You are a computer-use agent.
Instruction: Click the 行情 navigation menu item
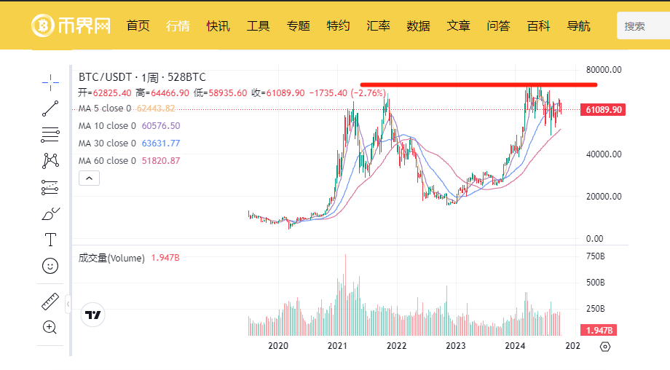178,26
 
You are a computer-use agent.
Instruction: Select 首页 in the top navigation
138,26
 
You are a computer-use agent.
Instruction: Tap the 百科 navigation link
538,26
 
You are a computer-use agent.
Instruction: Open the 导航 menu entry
578,26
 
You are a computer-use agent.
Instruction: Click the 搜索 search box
644,26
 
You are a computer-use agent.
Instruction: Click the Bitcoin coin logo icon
43,25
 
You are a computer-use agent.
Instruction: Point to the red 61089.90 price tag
603,110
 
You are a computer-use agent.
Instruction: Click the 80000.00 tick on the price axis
604,70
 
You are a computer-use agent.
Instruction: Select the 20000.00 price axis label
604,197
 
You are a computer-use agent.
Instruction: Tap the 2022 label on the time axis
396,346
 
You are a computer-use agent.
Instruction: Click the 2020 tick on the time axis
278,346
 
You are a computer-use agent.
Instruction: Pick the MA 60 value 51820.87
161,161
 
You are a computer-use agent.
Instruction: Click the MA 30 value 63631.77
161,143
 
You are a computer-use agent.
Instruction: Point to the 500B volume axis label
595,283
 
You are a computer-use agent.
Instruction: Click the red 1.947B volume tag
598,330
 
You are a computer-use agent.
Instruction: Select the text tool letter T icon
50,240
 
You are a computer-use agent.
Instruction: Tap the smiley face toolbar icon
50,266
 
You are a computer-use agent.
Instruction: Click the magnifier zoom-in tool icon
50,327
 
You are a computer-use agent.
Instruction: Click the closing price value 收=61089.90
278,92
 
